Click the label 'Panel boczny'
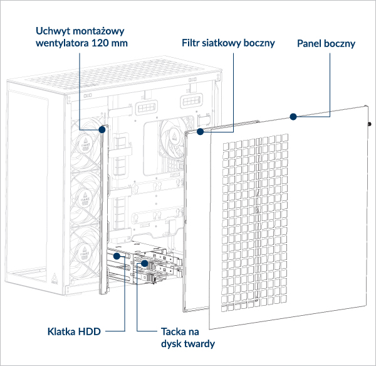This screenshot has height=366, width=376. click(325, 44)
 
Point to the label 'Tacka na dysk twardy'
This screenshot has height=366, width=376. click(185, 337)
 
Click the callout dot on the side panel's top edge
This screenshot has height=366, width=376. click(292, 116)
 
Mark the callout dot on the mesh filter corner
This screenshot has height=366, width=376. click(200, 132)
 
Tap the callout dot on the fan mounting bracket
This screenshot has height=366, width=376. click(102, 129)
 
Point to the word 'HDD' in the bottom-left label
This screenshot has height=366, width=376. click(90, 331)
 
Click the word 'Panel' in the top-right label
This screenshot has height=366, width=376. click(310, 44)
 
